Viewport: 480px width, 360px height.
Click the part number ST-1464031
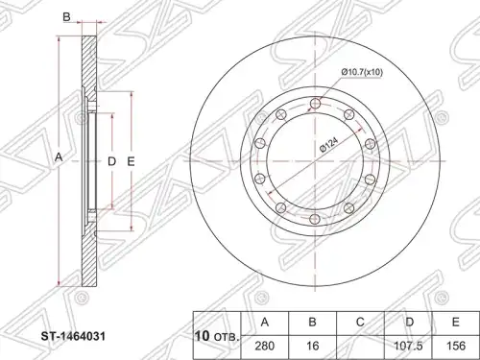pyautogui.click(x=73, y=337)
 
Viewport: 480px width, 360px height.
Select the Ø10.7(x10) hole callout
pyautogui.click(x=362, y=72)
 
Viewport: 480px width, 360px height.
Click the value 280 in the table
pyautogui.click(x=265, y=346)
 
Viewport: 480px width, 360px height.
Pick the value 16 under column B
pyautogui.click(x=313, y=346)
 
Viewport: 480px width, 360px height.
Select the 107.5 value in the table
pyautogui.click(x=409, y=346)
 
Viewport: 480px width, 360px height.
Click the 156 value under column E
pyautogui.click(x=456, y=346)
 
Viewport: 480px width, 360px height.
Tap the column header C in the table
pyautogui.click(x=360, y=323)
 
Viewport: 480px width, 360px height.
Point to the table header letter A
pyautogui.click(x=265, y=323)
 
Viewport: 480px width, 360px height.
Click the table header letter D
pyautogui.click(x=409, y=323)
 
